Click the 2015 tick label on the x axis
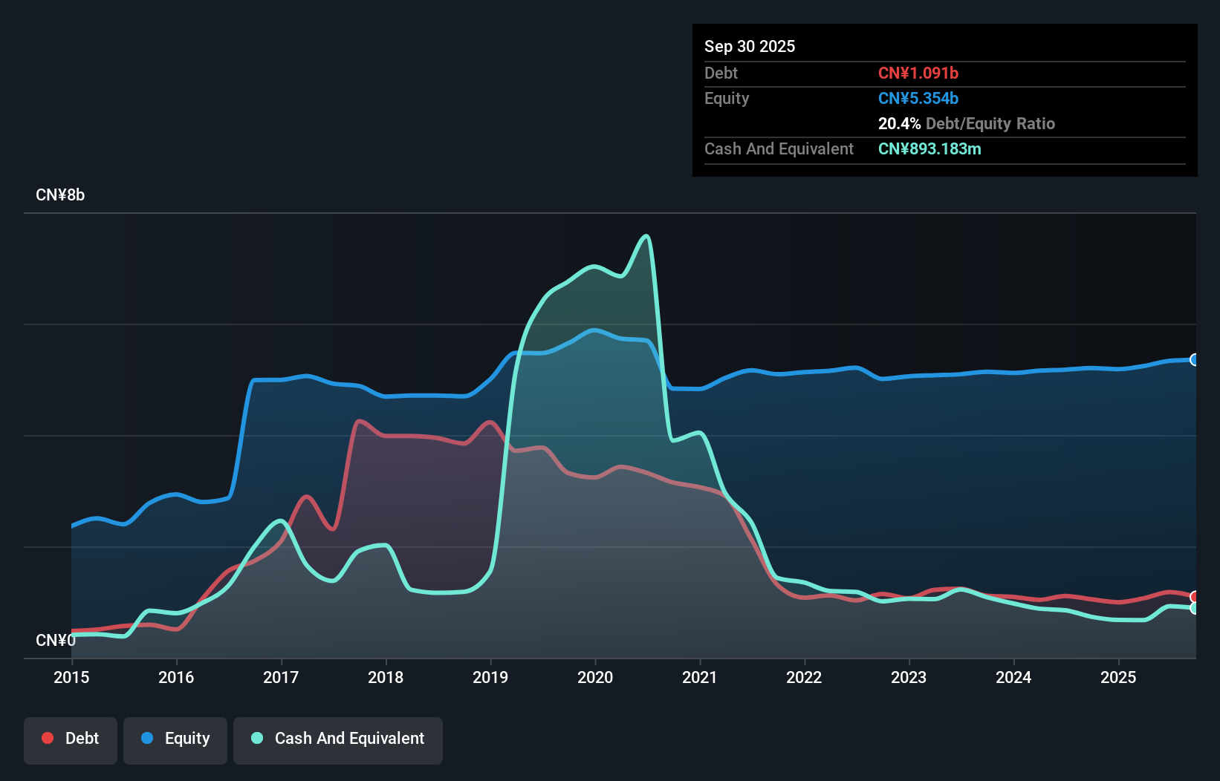click(71, 677)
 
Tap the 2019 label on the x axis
click(490, 677)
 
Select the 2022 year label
click(804, 677)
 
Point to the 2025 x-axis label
click(1118, 677)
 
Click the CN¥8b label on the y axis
click(60, 195)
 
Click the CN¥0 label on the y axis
click(56, 640)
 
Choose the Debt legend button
click(71, 739)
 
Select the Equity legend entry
click(175, 739)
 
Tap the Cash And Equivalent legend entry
click(338, 739)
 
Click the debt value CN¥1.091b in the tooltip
click(918, 73)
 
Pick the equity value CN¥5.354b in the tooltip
click(918, 98)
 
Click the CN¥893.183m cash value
click(929, 148)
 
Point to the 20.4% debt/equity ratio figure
click(899, 123)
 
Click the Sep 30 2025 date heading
click(750, 46)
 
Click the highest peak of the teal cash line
click(646, 236)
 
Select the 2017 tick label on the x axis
click(281, 677)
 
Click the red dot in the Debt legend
click(48, 738)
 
